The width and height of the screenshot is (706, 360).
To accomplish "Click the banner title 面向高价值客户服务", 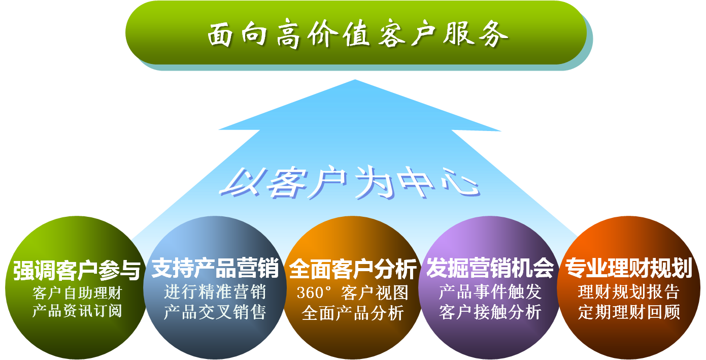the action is pyautogui.click(x=358, y=34).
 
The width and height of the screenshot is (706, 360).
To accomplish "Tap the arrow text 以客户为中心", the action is pyautogui.click(x=350, y=183).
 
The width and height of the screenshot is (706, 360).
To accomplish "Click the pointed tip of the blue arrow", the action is pyautogui.click(x=355, y=80).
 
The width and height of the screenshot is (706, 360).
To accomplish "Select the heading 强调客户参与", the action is pyautogui.click(x=77, y=270).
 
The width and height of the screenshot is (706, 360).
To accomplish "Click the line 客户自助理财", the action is pyautogui.click(x=77, y=293).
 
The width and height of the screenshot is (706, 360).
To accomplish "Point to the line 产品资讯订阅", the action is pyautogui.click(x=77, y=311).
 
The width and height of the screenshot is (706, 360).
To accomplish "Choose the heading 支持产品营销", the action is pyautogui.click(x=215, y=268).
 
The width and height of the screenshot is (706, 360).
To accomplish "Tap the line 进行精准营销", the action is pyautogui.click(x=215, y=292).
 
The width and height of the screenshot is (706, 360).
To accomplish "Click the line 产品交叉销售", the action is pyautogui.click(x=215, y=312).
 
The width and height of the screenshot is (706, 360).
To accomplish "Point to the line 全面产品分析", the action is pyautogui.click(x=353, y=313).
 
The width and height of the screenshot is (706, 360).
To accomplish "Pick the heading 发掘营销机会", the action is pyautogui.click(x=490, y=268).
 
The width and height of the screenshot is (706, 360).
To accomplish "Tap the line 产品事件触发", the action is pyautogui.click(x=490, y=292).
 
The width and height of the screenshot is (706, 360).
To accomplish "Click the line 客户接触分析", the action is pyautogui.click(x=490, y=312).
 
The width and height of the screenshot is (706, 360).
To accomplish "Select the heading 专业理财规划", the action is pyautogui.click(x=628, y=268).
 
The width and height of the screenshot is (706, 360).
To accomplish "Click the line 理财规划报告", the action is pyautogui.click(x=629, y=292).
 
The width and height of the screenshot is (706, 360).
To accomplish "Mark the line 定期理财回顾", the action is pyautogui.click(x=629, y=312).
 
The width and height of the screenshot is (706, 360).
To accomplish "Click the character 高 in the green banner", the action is pyautogui.click(x=288, y=34).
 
